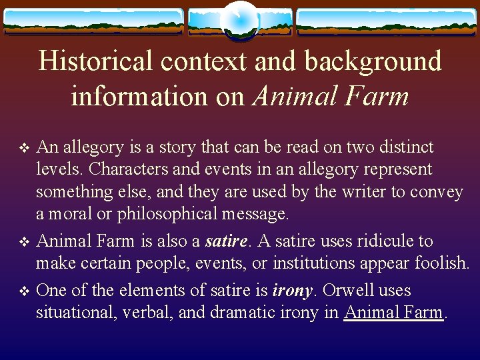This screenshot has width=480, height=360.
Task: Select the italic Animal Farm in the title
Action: click(331, 96)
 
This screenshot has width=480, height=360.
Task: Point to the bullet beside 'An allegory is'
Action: click(25, 148)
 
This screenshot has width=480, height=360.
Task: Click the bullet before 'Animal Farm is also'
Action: click(25, 241)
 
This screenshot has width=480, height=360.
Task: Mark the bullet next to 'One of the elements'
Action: click(25, 291)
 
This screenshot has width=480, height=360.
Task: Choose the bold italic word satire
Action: click(228, 241)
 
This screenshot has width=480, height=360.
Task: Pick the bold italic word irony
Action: click(293, 290)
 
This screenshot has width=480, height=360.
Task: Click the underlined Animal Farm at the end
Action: click(393, 312)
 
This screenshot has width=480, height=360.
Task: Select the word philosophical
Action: click(171, 214)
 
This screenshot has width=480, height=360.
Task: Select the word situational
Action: click(75, 312)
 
